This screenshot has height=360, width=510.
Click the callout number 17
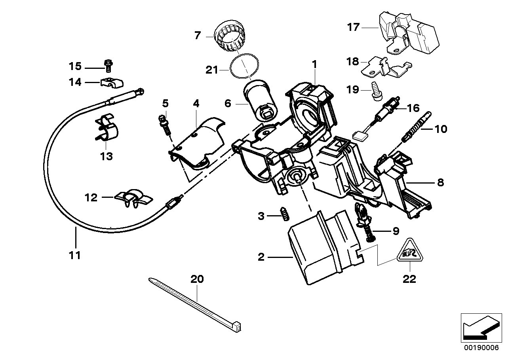tap(353, 27)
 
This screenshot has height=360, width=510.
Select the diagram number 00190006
tap(479, 348)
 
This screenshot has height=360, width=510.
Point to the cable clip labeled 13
tap(106, 129)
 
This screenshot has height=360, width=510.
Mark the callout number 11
tap(74, 255)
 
